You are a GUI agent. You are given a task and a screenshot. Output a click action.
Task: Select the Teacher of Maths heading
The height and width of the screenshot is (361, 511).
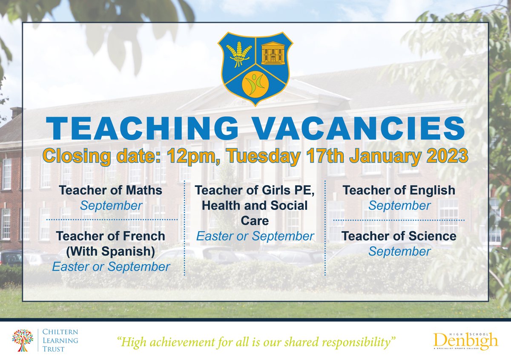[x=111, y=190]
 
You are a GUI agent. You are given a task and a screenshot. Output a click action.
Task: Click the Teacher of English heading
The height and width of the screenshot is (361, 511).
[x=399, y=190]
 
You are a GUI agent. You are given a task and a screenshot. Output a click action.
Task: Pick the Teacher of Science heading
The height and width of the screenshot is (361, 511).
[x=399, y=236]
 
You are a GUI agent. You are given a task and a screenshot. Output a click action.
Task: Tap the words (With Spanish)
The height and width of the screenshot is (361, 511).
[x=111, y=251]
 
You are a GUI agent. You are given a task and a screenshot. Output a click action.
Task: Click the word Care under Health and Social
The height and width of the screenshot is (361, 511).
[x=255, y=221]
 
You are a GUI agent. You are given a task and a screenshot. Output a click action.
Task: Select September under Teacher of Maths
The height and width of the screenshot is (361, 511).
[x=111, y=206]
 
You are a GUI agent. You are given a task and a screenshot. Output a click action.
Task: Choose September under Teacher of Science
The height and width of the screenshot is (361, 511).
[x=399, y=251]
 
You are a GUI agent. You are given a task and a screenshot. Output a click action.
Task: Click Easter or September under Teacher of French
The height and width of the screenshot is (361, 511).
[x=111, y=266]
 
